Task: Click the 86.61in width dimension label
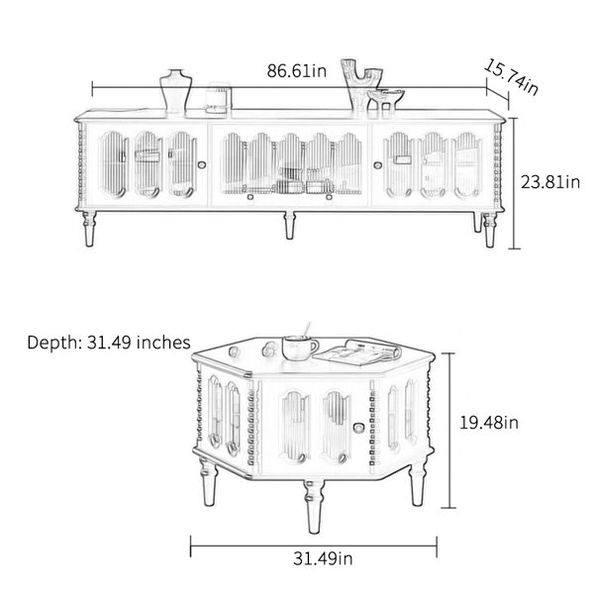[297, 71]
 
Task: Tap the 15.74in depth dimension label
[511, 77]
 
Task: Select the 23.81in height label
[550, 182]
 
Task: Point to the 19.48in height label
[489, 423]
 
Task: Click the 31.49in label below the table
[323, 558]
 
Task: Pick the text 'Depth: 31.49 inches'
[109, 343]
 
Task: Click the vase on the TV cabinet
[175, 90]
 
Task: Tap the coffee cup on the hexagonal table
[300, 347]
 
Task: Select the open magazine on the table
[357, 353]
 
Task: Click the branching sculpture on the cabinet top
[360, 84]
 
